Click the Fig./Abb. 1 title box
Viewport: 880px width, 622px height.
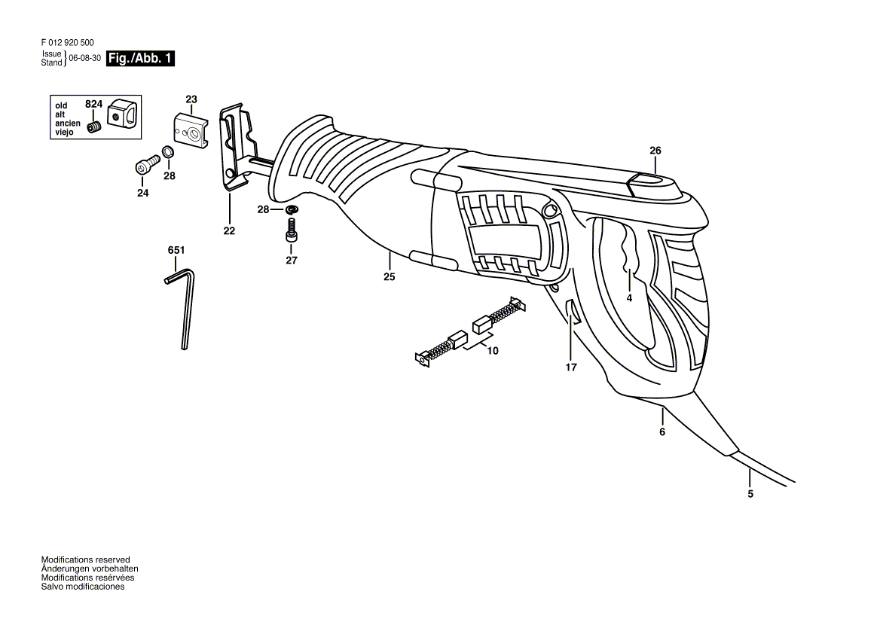pos(141,58)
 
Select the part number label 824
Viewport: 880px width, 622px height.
pos(93,103)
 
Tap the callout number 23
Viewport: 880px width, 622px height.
pos(191,99)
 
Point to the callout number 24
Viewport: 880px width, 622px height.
pos(143,194)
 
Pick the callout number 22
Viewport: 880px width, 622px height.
pos(229,231)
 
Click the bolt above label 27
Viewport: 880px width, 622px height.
pos(292,228)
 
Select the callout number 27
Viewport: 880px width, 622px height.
pos(292,261)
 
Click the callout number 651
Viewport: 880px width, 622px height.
pos(176,249)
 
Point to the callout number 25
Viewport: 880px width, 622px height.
pos(389,277)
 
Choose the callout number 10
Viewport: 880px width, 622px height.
pos(493,351)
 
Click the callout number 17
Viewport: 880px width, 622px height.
pos(571,367)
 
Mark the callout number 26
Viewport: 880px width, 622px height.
pos(655,151)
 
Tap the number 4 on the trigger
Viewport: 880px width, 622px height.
pos(629,297)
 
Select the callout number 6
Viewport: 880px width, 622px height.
pos(662,432)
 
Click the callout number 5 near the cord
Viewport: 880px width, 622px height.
pos(750,494)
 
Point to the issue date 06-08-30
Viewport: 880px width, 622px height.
pos(85,58)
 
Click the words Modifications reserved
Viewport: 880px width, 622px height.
pos(85,559)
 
